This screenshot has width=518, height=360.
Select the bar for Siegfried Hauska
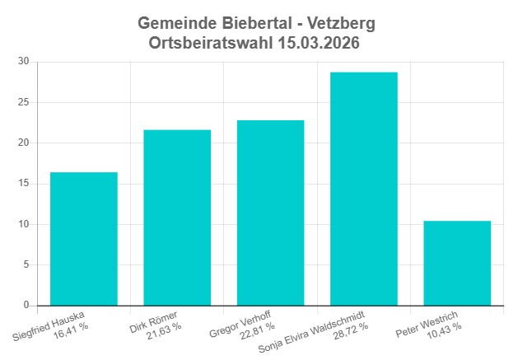point(83,239)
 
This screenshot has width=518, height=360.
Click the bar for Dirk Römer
point(177,217)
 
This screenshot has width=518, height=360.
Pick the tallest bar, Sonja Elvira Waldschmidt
point(363,189)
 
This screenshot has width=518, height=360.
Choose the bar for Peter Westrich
point(457,263)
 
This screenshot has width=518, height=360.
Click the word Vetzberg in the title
point(338,23)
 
